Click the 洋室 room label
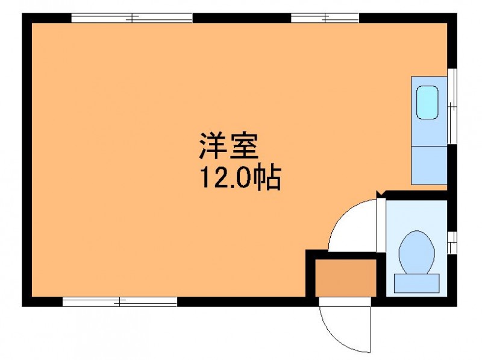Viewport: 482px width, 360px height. [229, 146]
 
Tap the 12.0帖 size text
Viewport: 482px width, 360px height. [240, 178]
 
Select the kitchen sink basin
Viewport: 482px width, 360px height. [427, 103]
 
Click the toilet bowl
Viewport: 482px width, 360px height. [416, 252]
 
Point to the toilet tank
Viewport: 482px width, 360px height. [416, 283]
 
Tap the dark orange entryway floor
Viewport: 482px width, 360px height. [346, 278]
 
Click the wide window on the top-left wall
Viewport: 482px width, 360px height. [132, 18]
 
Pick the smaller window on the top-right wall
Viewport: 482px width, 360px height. [325, 18]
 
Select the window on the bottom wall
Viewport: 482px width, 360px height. [120, 302]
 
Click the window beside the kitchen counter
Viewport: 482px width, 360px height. [452, 106]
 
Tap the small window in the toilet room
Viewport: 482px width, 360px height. [452, 242]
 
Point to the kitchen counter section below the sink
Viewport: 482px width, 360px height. [429, 165]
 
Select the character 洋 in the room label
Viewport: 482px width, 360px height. [213, 146]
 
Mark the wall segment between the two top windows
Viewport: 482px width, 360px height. [242, 18]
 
